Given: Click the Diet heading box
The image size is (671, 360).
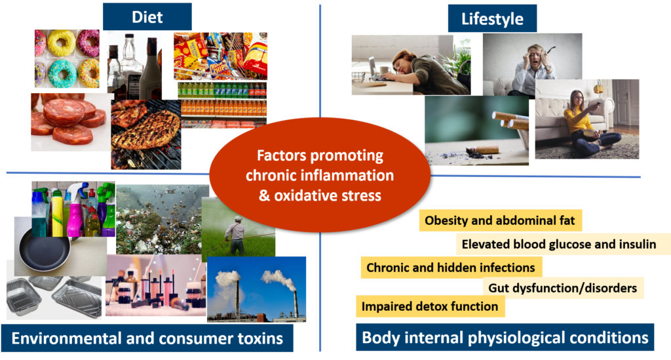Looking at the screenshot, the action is point(147,16).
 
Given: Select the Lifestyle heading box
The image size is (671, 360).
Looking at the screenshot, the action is point(492,18).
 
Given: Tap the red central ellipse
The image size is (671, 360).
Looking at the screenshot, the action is point(320,175).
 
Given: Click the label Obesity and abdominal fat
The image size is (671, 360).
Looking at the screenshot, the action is point(500,220).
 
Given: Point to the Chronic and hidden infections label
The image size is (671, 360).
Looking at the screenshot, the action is point(451,268).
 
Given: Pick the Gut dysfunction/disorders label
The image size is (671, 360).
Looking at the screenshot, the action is point(563,288).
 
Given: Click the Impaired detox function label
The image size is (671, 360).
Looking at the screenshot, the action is point(430,306).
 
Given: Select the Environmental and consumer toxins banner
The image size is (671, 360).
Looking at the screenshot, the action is point(147,338).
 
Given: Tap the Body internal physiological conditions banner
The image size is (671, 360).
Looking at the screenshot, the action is point(505,337).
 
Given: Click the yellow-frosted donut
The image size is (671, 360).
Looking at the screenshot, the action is point(61,43).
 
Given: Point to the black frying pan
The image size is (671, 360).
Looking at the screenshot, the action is point(45,252).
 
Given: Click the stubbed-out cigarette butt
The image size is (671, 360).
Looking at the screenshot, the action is point(483,150).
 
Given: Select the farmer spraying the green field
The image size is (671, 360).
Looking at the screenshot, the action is point(235,235).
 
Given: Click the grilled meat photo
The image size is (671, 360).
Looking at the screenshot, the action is point(146,134).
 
